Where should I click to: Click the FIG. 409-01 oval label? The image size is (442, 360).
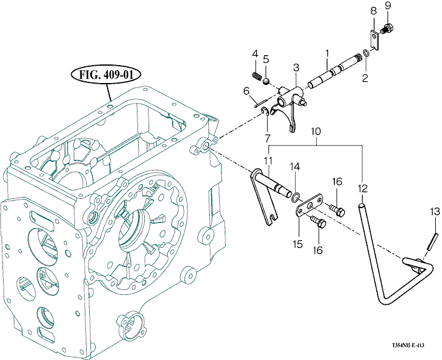pos(106,75)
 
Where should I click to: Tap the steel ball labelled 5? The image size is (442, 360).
pos(266,81)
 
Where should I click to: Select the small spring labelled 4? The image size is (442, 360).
pos(256,76)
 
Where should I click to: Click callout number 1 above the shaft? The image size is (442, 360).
pos(327,53)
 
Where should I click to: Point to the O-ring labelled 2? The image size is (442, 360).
pos(366,53)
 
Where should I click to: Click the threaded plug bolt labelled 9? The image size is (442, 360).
pos(388,29)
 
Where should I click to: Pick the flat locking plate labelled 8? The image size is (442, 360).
pos(374,40)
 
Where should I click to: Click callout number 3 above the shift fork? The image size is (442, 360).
pos(296,68)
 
